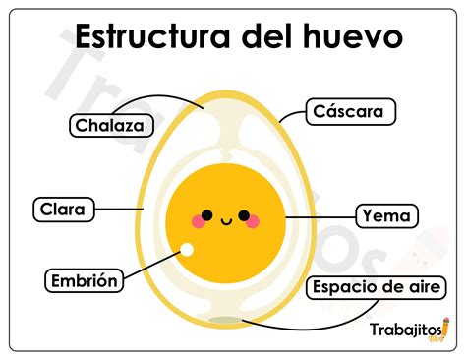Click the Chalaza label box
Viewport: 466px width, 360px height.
(111, 125)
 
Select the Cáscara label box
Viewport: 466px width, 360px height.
(350, 111)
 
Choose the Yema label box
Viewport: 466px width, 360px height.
(385, 214)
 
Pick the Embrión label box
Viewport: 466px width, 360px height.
(86, 280)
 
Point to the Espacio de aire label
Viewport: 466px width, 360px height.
(379, 288)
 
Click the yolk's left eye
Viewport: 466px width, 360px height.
(207, 213)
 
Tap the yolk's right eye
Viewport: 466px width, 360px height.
(242, 213)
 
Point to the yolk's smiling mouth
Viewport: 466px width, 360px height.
(225, 219)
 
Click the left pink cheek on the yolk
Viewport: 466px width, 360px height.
(199, 222)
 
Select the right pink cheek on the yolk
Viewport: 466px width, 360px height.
(252, 222)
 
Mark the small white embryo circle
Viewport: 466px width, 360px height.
(185, 252)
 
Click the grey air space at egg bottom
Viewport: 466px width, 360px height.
(225, 320)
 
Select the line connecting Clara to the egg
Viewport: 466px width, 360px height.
(120, 209)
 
